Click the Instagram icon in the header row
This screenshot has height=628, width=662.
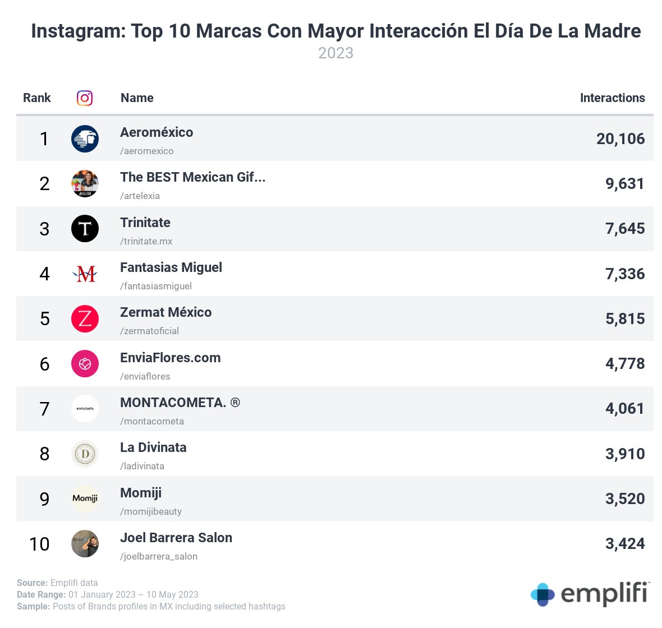click(85, 98)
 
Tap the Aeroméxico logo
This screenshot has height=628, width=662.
click(85, 139)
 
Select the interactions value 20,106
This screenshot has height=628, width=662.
click(620, 139)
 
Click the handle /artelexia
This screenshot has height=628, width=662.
click(140, 196)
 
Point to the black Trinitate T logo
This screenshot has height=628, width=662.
click(85, 229)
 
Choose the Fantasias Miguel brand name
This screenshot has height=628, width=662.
click(171, 267)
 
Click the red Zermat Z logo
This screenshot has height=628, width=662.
click(85, 319)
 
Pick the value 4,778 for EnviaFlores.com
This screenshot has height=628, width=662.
click(624, 364)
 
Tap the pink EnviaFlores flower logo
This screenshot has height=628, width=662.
click(85, 364)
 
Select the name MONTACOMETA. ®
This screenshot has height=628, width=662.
click(180, 403)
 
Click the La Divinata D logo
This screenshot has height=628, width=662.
click(85, 454)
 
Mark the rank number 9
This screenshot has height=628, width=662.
click(44, 499)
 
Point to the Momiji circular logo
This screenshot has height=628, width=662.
click(85, 499)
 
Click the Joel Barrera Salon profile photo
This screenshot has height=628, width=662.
click(85, 544)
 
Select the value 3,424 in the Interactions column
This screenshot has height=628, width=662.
click(624, 544)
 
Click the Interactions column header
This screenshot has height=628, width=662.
click(612, 98)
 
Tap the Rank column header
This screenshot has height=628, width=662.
click(36, 98)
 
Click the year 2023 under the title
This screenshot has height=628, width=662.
click(335, 53)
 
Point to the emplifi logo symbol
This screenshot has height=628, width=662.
click(543, 594)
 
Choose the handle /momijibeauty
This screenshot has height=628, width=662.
click(150, 511)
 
